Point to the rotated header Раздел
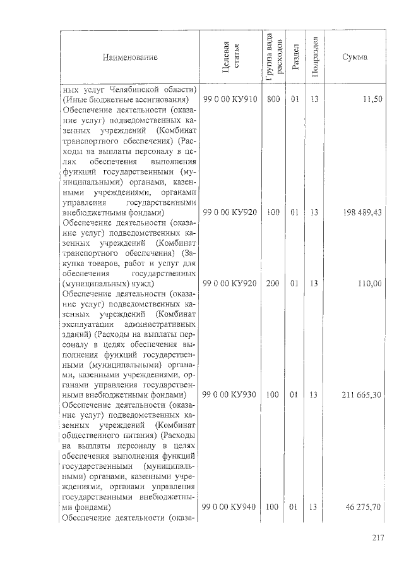294,58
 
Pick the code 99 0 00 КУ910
230,100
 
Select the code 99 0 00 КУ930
230,395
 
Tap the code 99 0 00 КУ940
230,507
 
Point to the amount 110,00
369,284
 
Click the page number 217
377,538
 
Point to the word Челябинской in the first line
142,88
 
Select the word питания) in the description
143,436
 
